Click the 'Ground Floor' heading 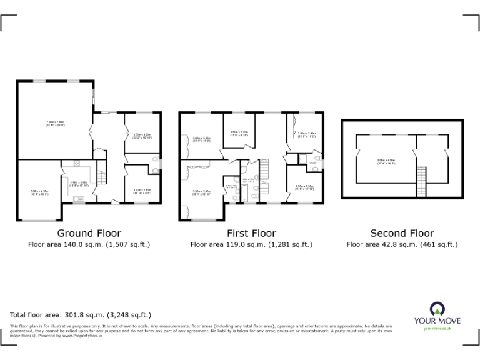(89, 234)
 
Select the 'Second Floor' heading (402, 234)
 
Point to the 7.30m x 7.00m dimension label (56, 123)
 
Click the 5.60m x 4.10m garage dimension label (39, 192)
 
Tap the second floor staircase (421, 182)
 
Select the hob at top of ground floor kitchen (77, 164)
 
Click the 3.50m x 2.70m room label (239, 133)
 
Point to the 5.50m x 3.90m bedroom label (201, 192)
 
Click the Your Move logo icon (437, 309)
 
